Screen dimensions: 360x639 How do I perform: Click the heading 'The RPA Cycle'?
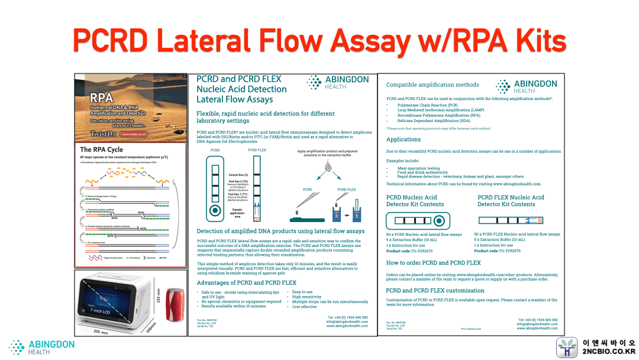point(102,150)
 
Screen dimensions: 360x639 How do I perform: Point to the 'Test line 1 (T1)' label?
point(238,194)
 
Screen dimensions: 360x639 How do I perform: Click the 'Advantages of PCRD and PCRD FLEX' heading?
point(246,282)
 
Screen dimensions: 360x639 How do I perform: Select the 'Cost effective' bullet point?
point(305,307)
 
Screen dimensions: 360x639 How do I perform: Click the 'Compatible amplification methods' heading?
point(433,85)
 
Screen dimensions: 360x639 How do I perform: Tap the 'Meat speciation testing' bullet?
point(418,168)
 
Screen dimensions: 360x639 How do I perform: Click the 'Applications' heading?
point(404,140)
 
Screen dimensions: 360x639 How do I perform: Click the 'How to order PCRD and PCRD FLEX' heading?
point(433,262)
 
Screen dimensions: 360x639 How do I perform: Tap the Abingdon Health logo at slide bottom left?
point(41,347)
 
